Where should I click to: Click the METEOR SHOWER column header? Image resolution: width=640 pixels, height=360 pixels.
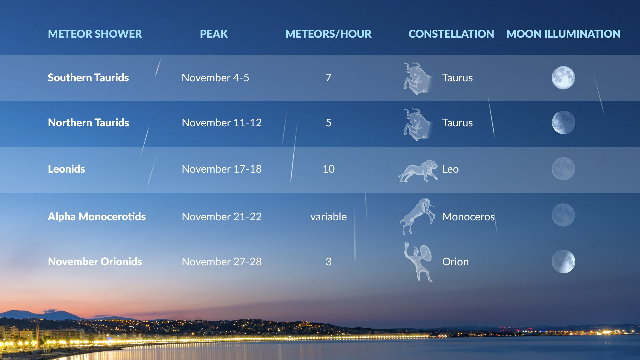[95, 34]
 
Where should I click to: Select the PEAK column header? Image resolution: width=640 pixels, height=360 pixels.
[214, 34]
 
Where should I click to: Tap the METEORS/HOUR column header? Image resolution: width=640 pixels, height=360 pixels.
[328, 34]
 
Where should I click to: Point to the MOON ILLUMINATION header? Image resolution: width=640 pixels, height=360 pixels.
[563, 34]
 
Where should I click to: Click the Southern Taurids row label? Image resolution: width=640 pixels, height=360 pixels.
[88, 78]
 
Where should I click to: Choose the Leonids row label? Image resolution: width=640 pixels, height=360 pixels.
[66, 169]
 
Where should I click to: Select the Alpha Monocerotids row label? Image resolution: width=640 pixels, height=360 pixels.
[97, 217]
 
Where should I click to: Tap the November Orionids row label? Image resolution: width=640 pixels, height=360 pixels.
[95, 262]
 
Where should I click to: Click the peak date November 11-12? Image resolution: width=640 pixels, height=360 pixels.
[222, 123]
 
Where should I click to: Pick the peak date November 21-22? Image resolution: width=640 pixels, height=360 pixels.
[222, 217]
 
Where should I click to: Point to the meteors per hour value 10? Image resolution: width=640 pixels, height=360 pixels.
[329, 169]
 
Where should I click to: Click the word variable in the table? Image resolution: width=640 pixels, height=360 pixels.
[329, 217]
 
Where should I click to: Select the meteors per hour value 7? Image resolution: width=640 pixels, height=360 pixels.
[328, 78]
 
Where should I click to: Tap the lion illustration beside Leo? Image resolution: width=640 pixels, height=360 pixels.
[418, 171]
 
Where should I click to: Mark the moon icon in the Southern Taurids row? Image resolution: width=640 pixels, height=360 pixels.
[563, 78]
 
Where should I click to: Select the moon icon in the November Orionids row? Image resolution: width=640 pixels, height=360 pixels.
[563, 262]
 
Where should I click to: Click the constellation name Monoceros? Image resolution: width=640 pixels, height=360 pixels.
[468, 217]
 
